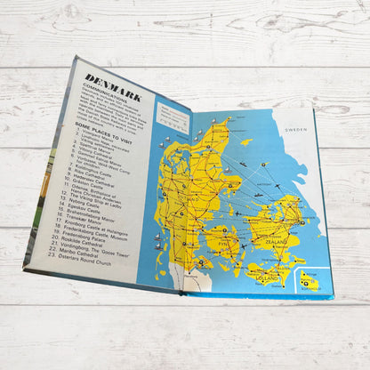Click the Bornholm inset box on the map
(x=310, y=280)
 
